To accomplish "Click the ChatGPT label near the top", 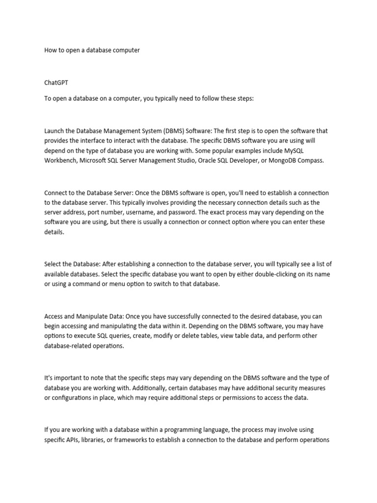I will pos(56,83).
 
